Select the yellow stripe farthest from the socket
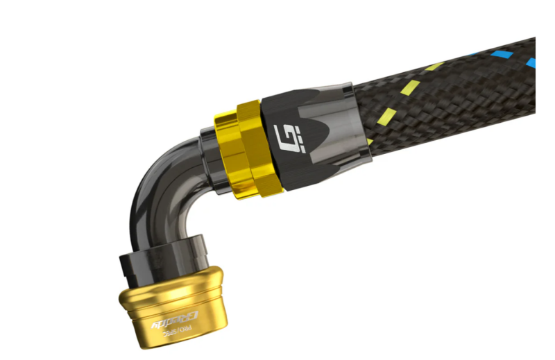pos(434,67)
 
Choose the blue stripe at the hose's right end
pos(530,64)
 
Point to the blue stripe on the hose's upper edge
pos(499,53)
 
